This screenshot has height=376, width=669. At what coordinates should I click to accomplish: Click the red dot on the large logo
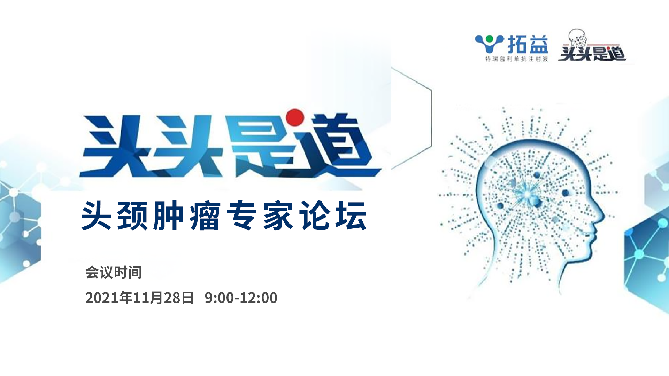[295, 117]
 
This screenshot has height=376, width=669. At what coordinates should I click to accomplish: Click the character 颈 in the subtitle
[133, 216]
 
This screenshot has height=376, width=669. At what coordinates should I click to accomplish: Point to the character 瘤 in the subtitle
[206, 216]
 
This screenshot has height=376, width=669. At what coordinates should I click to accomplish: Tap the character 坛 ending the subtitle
[351, 216]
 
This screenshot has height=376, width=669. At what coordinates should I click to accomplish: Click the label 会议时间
[114, 272]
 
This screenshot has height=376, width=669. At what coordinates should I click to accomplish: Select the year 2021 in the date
[102, 298]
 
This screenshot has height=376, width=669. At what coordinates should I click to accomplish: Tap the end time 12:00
[259, 298]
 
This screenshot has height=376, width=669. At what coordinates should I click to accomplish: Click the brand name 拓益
[528, 44]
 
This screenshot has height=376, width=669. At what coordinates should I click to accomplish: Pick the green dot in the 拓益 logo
[490, 39]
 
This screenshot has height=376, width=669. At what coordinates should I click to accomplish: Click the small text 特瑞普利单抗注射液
[517, 59]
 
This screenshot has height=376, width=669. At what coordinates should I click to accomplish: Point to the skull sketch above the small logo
[577, 38]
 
